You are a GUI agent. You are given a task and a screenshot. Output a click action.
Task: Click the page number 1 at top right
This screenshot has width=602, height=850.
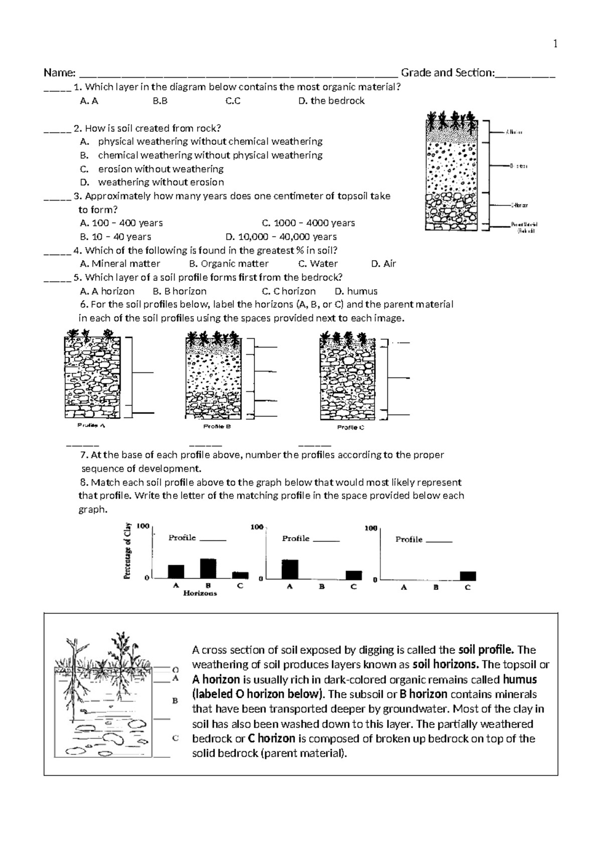555,44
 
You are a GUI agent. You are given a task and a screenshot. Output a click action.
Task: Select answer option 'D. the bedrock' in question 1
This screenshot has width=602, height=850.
331,101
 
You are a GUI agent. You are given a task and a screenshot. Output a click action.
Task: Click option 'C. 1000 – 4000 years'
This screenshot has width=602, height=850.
308,223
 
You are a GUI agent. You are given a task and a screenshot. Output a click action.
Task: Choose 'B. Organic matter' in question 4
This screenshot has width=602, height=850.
229,264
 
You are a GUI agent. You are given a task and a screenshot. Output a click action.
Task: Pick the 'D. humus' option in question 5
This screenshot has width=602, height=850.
356,291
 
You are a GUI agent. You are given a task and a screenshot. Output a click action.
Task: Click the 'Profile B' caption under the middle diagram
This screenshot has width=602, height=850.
216,427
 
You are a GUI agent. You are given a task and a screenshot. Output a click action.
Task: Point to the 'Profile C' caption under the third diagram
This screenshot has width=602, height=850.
350,428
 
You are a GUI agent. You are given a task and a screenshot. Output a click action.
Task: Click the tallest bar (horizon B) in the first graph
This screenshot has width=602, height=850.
208,568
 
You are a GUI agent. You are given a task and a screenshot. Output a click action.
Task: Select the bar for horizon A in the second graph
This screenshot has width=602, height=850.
289,569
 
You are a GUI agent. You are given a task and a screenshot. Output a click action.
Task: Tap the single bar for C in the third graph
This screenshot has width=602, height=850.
468,576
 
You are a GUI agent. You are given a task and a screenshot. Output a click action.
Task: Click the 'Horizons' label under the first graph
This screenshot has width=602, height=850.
200,593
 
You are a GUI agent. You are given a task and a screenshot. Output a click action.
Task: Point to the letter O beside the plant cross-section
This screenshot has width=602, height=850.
175,669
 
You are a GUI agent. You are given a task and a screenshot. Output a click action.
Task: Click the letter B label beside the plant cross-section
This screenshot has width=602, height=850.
175,701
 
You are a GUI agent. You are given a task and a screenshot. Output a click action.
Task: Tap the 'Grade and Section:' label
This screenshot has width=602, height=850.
447,73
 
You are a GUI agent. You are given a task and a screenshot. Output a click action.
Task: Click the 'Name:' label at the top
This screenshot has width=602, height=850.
59,73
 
